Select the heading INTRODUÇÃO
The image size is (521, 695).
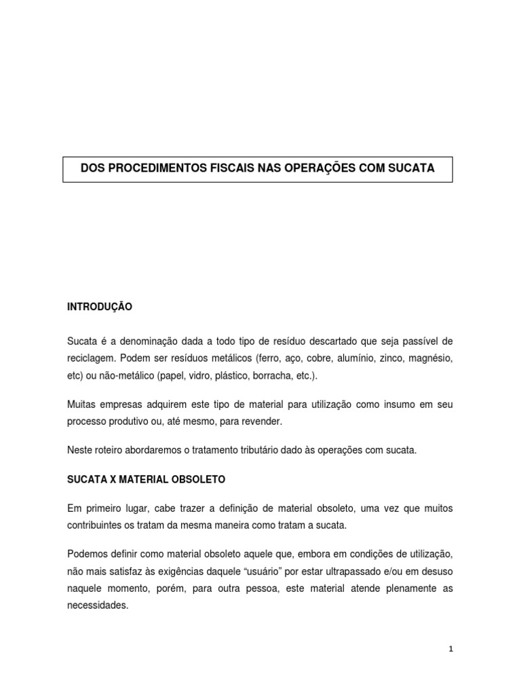coord(100,307)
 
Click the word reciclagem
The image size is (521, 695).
coord(91,357)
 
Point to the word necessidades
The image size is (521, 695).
coord(98,605)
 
